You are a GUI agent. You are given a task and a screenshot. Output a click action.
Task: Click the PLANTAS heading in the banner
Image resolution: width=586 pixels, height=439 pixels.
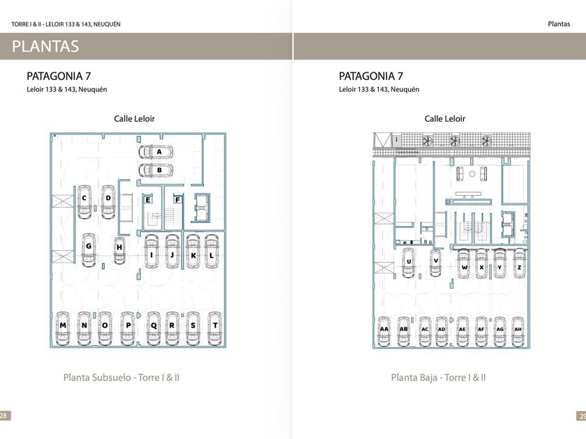coord(45,47)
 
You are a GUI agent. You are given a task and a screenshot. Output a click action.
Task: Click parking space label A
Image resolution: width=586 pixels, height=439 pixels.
coord(159,151)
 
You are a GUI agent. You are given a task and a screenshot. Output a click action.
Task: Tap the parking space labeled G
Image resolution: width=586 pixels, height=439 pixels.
coord(89,247)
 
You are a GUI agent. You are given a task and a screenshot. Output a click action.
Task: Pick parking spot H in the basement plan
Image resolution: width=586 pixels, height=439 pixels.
coord(119,247)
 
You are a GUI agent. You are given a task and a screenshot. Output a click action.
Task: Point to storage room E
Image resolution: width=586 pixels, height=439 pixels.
coord(149,200)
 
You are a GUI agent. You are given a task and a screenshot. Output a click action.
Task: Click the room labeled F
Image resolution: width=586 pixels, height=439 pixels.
coord(178,200)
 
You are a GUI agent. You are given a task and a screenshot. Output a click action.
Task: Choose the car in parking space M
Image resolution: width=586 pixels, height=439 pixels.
coord(63,325)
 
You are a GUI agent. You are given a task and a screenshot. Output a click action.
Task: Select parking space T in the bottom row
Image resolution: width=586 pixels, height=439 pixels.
coord(214,325)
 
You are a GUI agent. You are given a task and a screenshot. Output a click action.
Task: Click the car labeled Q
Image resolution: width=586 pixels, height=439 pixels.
coord(153,325)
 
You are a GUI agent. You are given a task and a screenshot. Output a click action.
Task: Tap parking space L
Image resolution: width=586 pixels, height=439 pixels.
coord(211,256)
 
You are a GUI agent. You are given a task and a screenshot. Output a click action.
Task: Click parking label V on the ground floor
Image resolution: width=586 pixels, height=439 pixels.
coord(435,261)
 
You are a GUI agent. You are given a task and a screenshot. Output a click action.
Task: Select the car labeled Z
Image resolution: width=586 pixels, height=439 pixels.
coord(519,267)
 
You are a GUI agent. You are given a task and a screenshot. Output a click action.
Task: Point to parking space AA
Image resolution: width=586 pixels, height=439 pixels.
coord(384,330)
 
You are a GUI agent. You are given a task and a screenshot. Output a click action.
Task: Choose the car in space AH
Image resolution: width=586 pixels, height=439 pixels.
coord(517,330)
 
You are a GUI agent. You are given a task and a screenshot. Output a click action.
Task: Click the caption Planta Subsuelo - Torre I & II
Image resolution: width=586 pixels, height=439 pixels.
coord(121,378)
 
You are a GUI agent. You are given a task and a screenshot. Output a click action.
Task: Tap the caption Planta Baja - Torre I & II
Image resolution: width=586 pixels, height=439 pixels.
coord(438,378)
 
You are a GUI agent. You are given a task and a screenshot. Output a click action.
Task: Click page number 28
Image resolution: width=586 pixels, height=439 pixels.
coord(4,415)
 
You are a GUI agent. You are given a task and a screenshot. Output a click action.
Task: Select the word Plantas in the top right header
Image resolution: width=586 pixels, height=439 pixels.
coord(558,24)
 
